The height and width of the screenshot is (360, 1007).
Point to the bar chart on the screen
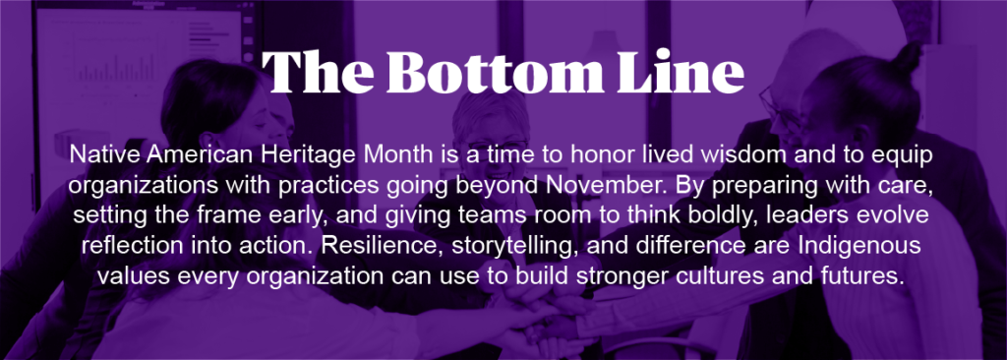pos(116,68)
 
